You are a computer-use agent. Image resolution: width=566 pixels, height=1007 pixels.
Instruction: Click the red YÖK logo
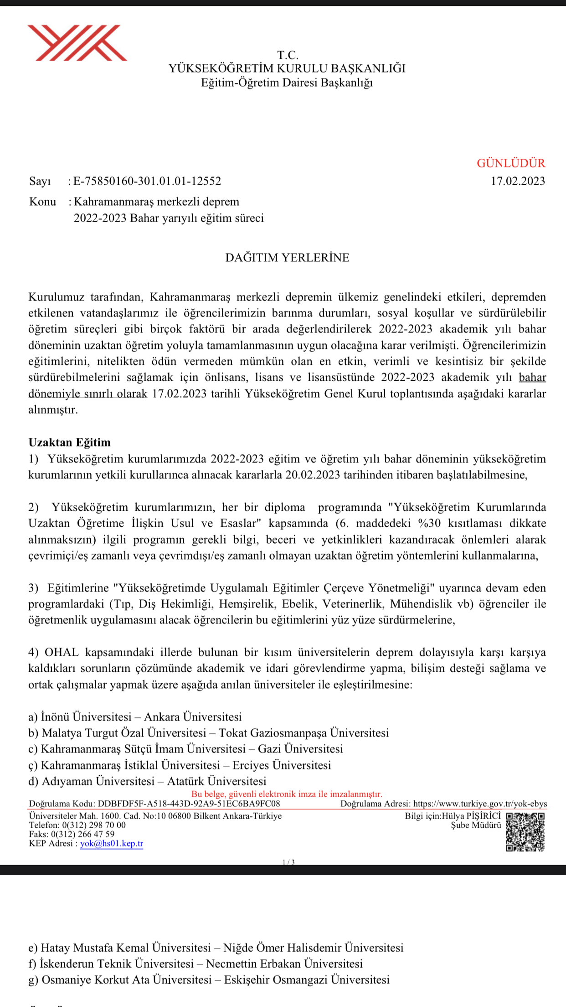coord(77,43)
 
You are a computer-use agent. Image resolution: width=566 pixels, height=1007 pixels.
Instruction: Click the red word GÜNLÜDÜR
coord(511,163)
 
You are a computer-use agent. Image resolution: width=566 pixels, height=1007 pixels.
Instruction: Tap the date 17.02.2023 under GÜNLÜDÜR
coord(518,181)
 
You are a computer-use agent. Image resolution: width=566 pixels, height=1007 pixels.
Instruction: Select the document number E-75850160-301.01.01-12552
coord(147,181)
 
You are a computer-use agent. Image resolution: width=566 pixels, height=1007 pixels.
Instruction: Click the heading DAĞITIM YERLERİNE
coord(287,258)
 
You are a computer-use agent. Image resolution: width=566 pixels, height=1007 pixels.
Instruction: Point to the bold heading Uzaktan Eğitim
coord(69,442)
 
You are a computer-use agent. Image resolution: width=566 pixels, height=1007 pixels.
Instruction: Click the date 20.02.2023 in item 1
coord(313,475)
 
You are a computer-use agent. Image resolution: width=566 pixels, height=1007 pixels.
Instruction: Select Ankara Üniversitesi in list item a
coord(193,717)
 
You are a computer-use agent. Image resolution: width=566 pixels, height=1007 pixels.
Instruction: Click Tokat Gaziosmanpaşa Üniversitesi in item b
coord(304,733)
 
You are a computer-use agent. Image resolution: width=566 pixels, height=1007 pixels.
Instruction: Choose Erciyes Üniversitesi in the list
coord(282,765)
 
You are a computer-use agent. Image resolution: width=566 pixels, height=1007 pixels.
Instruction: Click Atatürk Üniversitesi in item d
coord(216,781)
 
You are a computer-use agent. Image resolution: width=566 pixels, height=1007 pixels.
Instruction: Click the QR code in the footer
coord(525,832)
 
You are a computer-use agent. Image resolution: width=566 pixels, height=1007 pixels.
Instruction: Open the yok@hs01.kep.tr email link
coord(112,843)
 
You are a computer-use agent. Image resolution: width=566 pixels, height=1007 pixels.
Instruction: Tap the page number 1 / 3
coord(288,862)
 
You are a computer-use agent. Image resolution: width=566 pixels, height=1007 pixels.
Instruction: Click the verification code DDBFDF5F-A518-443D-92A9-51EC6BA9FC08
coord(189,804)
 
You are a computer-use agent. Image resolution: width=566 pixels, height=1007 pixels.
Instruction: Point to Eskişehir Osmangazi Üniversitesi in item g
coord(307,980)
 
